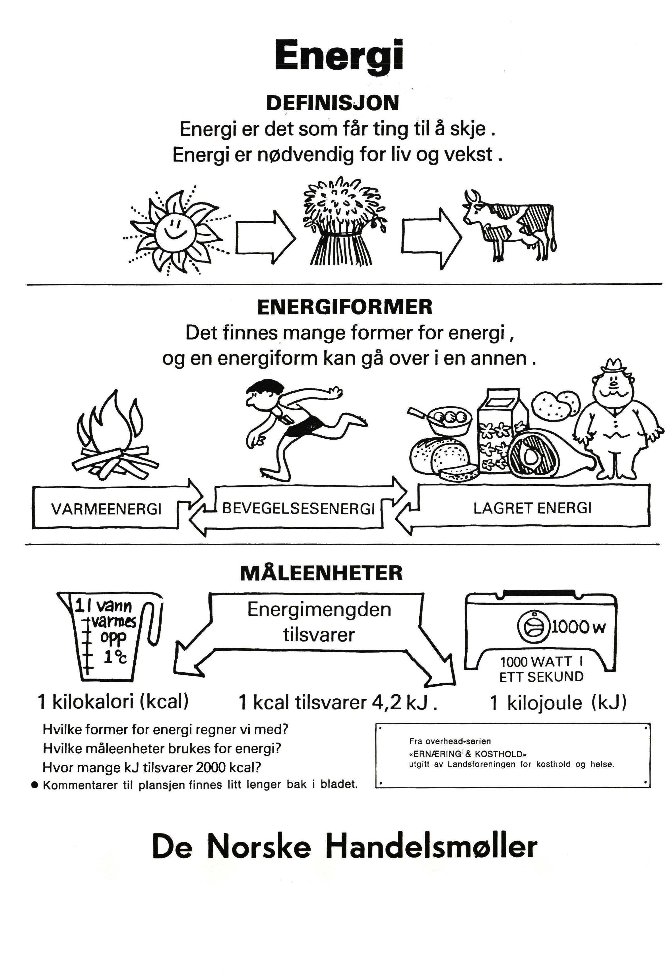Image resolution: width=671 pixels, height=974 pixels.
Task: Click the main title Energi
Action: [339, 56]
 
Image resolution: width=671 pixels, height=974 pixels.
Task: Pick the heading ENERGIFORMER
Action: [344, 307]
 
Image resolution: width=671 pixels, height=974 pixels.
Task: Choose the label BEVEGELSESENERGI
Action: [298, 509]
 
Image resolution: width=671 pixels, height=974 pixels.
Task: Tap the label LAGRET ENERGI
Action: [532, 508]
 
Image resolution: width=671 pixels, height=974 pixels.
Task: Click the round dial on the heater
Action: [533, 627]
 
